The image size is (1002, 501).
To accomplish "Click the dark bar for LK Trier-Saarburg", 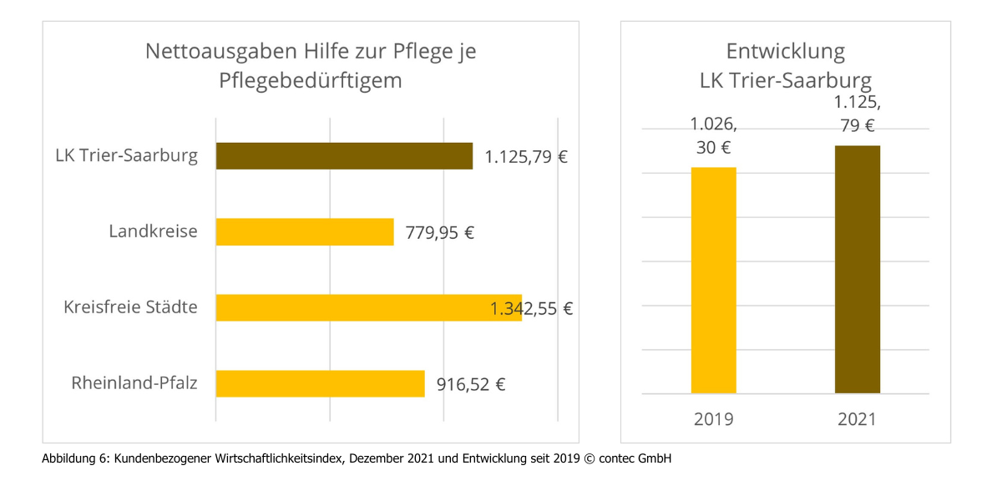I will point(344,156).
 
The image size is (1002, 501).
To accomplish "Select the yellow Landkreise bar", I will point(305,232).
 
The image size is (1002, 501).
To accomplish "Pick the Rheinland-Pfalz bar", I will point(320,384).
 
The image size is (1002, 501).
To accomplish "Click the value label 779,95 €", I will point(439,232).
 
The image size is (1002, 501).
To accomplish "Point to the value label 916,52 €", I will point(471,385).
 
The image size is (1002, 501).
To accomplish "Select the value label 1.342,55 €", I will point(531,308).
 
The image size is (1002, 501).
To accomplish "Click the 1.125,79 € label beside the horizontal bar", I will point(526,156).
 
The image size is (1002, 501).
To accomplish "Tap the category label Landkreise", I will point(154,231).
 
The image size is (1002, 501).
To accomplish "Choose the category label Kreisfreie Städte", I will point(131,307).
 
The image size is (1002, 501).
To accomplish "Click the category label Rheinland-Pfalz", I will point(134,384).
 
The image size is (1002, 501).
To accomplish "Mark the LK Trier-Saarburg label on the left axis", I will point(127,155).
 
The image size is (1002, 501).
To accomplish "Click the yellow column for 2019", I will point(714,281).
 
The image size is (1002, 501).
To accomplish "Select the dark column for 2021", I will point(858,270).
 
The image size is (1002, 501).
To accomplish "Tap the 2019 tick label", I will point(714,418).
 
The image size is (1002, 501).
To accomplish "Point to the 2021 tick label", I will point(858,418).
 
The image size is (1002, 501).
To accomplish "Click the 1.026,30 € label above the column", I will point(714,135).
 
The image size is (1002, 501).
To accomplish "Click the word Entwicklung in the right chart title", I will point(786,52).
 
